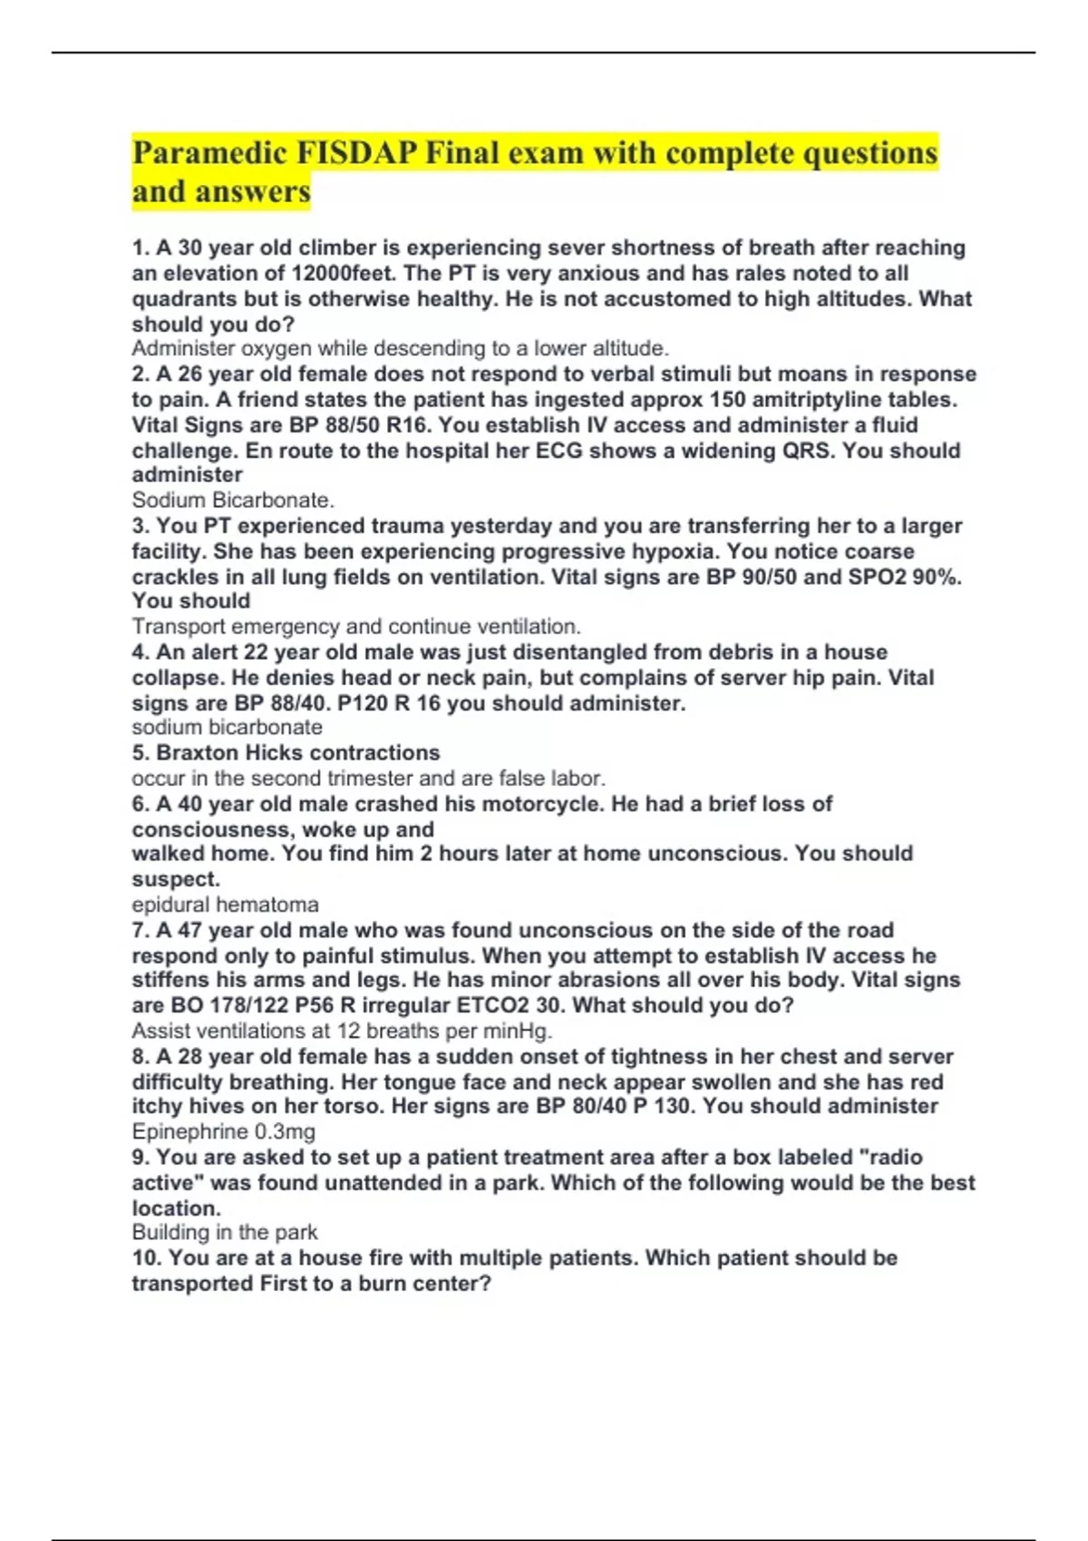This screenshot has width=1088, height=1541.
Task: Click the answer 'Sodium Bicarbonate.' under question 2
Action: click(233, 499)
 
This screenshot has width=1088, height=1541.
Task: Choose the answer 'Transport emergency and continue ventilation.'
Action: click(356, 626)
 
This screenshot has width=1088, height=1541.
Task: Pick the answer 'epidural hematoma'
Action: click(225, 905)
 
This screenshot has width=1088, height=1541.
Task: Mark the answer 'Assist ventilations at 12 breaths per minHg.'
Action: click(342, 1031)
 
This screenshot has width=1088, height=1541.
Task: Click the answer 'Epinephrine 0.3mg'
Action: click(223, 1131)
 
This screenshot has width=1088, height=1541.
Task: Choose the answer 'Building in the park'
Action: click(224, 1232)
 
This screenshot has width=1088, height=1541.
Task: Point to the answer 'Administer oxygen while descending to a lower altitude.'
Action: click(400, 349)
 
